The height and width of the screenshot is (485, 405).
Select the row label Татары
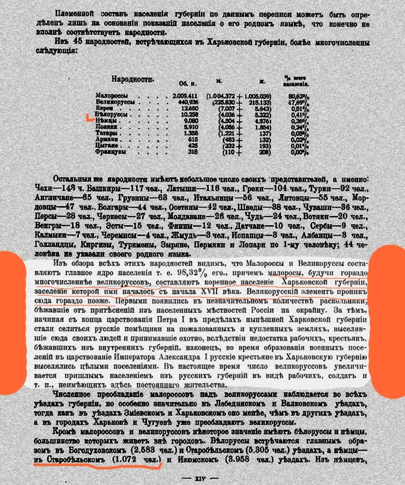[x=107, y=132]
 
